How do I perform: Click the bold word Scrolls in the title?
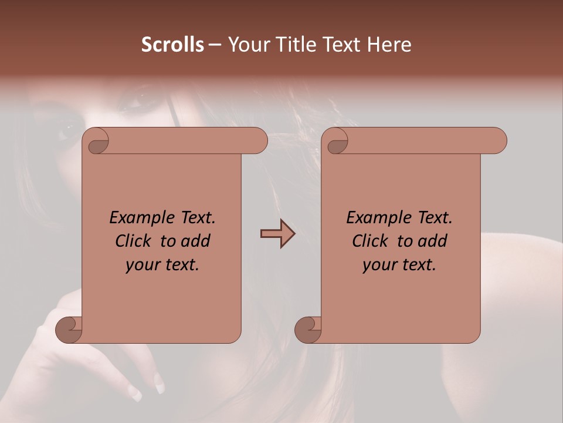point(172,45)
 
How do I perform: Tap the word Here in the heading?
point(389,45)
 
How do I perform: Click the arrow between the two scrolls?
point(277,234)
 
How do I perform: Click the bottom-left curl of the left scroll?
point(68,330)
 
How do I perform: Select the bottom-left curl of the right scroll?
point(307,330)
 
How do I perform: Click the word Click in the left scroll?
point(135,241)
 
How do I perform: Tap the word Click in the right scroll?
point(372,241)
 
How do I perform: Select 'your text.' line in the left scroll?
point(162,265)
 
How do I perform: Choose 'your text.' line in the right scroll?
point(399,265)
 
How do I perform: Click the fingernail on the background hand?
point(159,382)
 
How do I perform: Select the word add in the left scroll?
point(195,241)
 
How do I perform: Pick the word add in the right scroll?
point(432,241)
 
